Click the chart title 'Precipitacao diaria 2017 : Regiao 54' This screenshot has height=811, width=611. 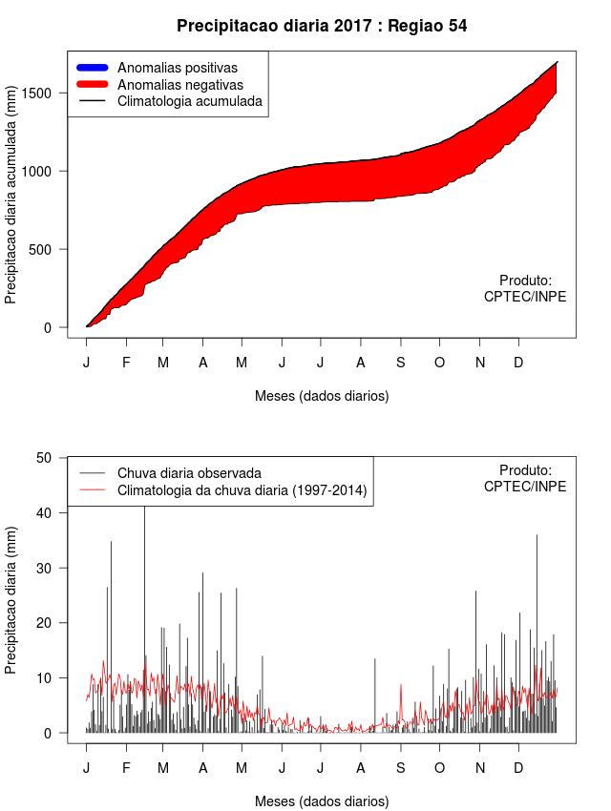pyautogui.click(x=322, y=26)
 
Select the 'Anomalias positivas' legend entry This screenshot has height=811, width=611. pyautogui.click(x=177, y=68)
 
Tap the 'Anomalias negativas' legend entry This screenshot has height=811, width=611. pyautogui.click(x=179, y=84)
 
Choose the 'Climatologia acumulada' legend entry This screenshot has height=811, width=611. pyautogui.click(x=189, y=100)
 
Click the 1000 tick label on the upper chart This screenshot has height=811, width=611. pyautogui.click(x=48, y=171)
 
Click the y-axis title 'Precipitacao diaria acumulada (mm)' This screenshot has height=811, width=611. pyautogui.click(x=11, y=203)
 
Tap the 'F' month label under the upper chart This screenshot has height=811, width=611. pyautogui.click(x=125, y=363)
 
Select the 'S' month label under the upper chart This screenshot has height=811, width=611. pyautogui.click(x=401, y=363)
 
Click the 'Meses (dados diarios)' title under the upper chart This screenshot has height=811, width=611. pyautogui.click(x=322, y=395)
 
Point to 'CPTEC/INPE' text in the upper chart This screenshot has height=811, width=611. pyautogui.click(x=524, y=297)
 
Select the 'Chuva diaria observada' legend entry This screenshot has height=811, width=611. pyautogui.click(x=188, y=473)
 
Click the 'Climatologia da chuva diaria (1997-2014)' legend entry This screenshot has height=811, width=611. pyautogui.click(x=242, y=490)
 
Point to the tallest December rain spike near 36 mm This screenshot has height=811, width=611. pyautogui.click(x=537, y=537)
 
